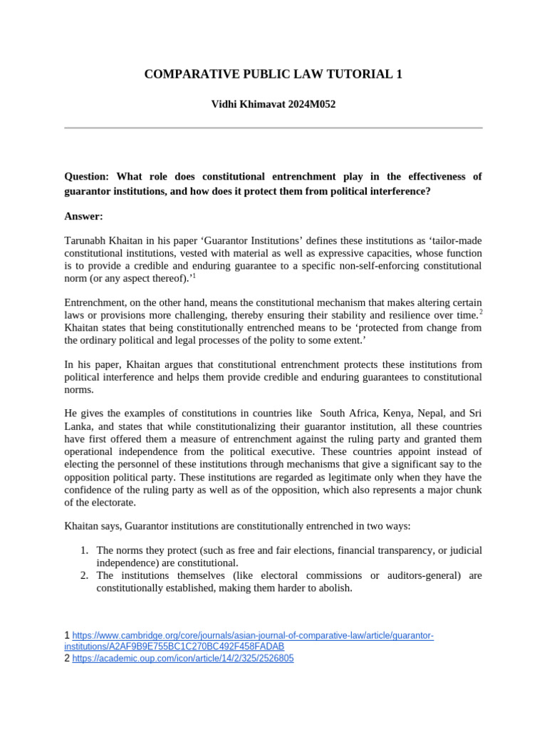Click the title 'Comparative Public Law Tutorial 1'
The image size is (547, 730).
coord(273,74)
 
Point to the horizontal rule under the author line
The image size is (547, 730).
coord(273,128)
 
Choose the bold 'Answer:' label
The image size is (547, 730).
coord(83,216)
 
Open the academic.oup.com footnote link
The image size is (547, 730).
coord(182,659)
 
